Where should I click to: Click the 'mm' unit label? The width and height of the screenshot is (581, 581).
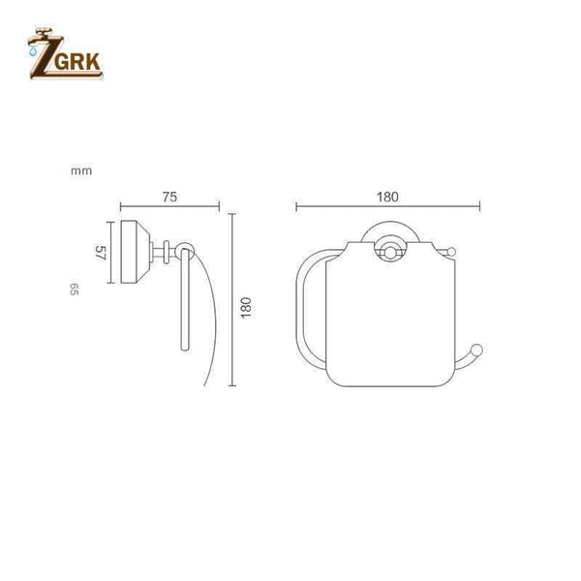(x=80, y=170)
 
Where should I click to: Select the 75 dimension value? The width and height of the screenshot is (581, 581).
(x=168, y=197)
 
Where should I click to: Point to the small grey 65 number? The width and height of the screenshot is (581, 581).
(x=74, y=290)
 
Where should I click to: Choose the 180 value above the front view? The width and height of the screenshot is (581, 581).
(x=387, y=197)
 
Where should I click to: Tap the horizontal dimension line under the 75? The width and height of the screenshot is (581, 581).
(x=169, y=207)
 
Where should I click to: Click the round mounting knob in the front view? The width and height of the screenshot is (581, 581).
(x=387, y=254)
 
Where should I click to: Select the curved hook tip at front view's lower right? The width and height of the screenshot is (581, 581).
(x=476, y=351)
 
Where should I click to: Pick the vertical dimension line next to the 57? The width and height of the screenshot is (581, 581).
(x=110, y=255)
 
